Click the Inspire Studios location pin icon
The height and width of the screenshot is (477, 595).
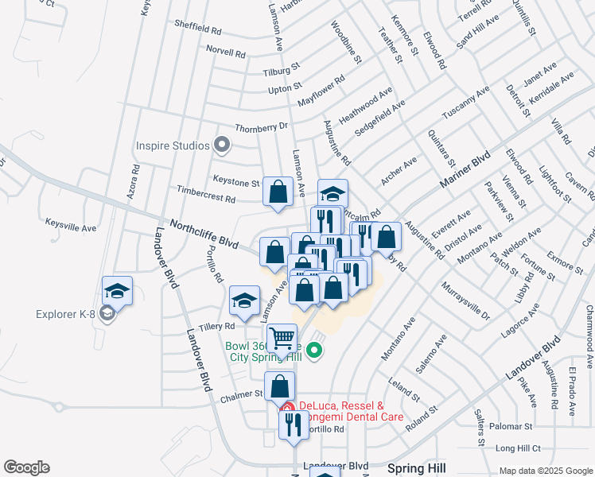click(223, 145)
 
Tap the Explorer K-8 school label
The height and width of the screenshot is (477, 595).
click(65, 314)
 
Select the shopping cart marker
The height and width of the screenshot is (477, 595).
click(282, 339)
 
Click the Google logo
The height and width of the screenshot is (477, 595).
click(26, 467)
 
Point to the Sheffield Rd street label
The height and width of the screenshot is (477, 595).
click(197, 29)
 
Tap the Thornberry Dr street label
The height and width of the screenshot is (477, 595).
click(261, 127)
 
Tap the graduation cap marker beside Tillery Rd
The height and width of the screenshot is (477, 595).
click(244, 301)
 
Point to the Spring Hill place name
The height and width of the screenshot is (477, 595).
click(416, 468)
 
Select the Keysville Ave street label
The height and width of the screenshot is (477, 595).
click(70, 226)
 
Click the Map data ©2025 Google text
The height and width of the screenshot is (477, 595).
click(544, 471)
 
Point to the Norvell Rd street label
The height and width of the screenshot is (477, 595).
click(225, 53)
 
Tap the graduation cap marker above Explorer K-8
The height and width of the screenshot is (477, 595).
click(117, 291)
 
